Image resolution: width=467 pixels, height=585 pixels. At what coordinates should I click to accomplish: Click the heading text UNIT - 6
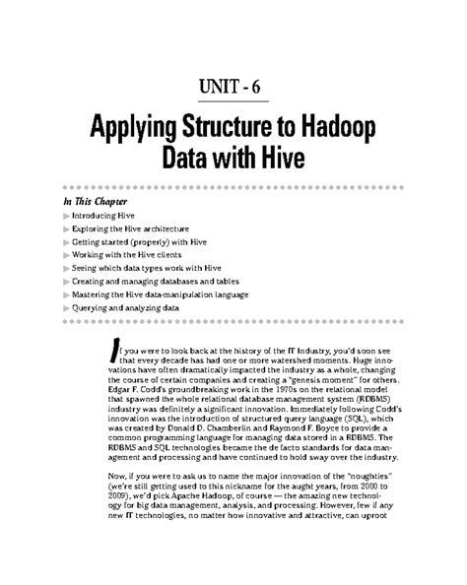(x=233, y=87)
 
